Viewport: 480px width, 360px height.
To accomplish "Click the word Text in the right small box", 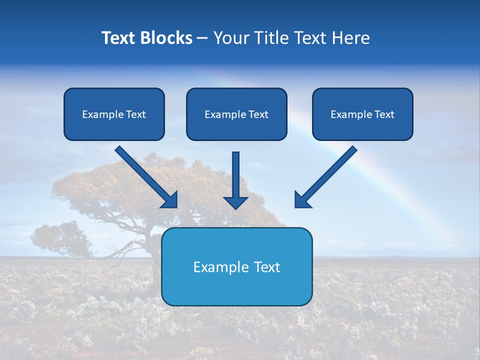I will point(384,114).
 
